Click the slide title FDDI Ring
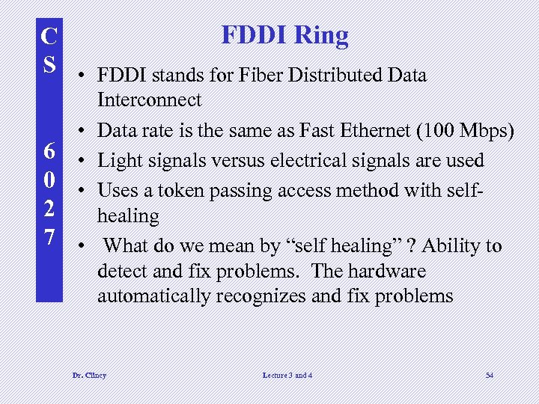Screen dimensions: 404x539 [284, 35]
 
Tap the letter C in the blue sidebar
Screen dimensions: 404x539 [49, 35]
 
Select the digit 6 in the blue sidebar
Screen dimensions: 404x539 [49, 152]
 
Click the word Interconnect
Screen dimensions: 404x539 [149, 100]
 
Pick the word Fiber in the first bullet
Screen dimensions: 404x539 [239, 75]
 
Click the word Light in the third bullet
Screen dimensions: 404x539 [120, 160]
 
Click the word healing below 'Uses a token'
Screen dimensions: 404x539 [128, 216]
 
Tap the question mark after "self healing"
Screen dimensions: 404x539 [409, 246]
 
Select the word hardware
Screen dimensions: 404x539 [383, 271]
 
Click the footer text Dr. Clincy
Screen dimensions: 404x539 [88, 375]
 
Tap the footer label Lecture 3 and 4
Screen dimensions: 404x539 [287, 375]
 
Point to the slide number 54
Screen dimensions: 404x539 [489, 375]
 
